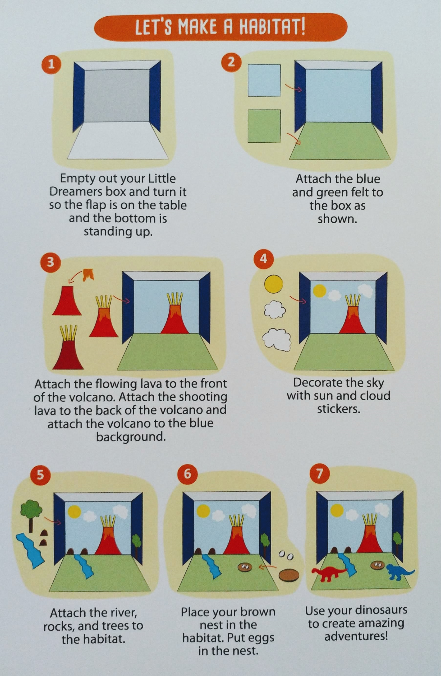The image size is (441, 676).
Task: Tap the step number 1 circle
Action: [x=52, y=65]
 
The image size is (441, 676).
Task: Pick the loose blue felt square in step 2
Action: [x=264, y=80]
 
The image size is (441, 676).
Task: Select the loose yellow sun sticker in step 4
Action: [x=274, y=285]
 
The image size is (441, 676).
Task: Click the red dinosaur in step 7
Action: [x=329, y=575]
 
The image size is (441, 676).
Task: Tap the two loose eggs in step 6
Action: [x=286, y=555]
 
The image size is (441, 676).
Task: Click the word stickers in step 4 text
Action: [x=338, y=409]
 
